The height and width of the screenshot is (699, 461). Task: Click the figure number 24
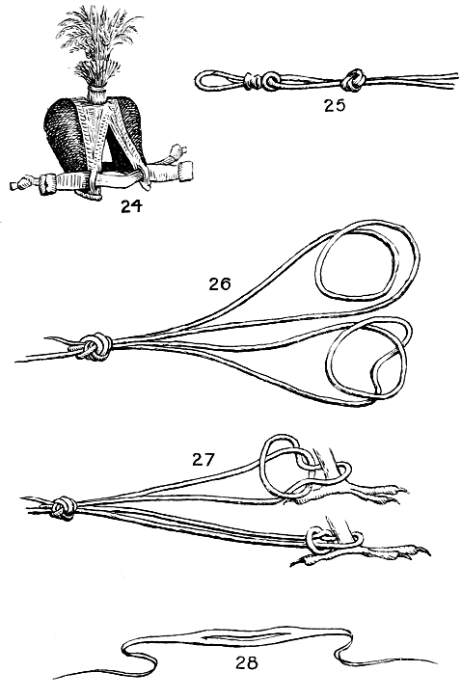[131, 205]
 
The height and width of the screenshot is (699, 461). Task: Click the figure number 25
[335, 105]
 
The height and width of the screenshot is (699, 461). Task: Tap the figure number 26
[220, 283]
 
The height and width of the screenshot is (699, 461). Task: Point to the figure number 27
[203, 459]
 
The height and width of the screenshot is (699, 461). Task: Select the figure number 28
[247, 663]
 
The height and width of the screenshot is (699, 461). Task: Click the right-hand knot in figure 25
[354, 80]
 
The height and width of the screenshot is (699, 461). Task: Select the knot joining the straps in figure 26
[95, 346]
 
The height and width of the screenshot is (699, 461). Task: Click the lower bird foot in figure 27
[361, 554]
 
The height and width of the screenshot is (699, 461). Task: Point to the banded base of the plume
[96, 94]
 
